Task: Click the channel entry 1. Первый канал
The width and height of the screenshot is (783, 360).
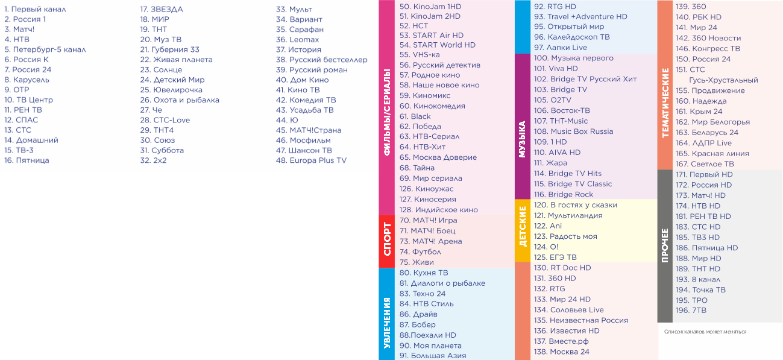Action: coord(35,10)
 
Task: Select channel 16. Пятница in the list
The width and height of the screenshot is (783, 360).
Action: coord(27,160)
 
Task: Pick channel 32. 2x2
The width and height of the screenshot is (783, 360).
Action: coord(153,160)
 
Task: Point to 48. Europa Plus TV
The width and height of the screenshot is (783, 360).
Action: coord(311,160)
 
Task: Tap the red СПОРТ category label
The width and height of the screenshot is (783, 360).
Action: coord(386,241)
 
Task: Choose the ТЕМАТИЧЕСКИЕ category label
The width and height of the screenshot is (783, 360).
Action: coord(665,103)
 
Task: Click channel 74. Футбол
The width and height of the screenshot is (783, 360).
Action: coord(420,251)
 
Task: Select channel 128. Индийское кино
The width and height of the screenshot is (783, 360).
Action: coord(438,210)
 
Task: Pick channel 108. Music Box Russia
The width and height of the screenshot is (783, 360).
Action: coord(573,131)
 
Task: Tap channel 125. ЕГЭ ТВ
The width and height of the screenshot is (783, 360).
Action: coord(555,257)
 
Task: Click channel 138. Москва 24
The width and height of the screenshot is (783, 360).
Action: coord(561,352)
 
